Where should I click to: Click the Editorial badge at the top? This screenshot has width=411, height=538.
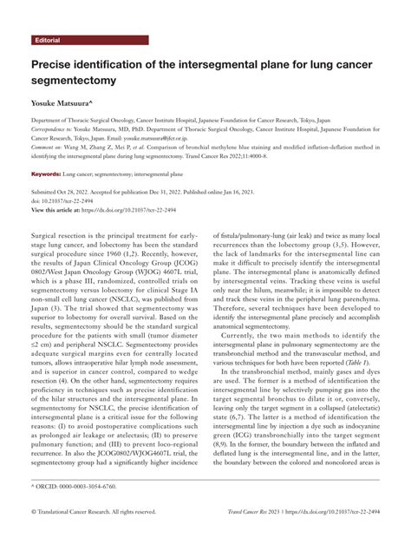[48, 41]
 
